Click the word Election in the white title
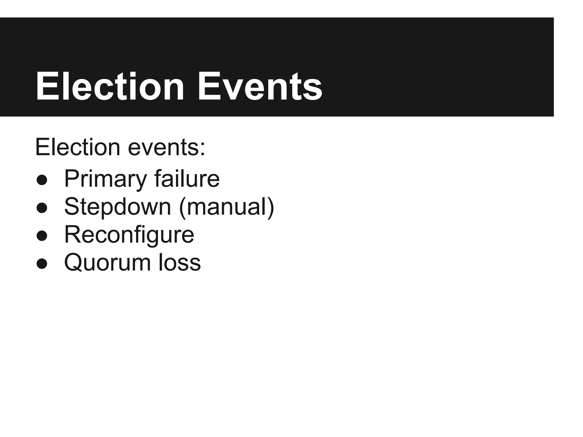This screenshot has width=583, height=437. (110, 86)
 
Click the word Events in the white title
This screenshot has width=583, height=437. (260, 86)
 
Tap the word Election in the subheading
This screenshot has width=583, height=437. (77, 147)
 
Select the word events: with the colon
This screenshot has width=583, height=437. (167, 147)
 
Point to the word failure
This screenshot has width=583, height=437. (187, 179)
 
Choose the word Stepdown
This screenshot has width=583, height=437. (118, 207)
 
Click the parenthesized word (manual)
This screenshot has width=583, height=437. (227, 207)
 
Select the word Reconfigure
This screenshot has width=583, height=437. (129, 235)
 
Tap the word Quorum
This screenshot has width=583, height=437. (107, 263)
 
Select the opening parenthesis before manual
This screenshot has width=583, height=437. (183, 208)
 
